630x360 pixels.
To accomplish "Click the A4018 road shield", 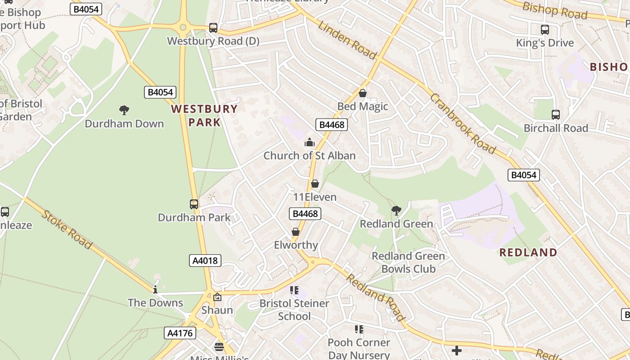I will pyautogui.click(x=205, y=260).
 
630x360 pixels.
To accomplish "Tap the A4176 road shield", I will pyautogui.click(x=180, y=333).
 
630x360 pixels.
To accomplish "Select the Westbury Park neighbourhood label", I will pyautogui.click(x=204, y=115).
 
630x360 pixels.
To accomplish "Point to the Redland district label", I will pyautogui.click(x=528, y=252).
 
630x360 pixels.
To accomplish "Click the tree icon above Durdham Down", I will pyautogui.click(x=124, y=110).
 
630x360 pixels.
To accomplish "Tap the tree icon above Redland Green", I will pyautogui.click(x=396, y=210).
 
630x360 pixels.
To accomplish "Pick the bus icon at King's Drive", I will pyautogui.click(x=545, y=30).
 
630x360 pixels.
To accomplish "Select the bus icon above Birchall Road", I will pyautogui.click(x=556, y=115).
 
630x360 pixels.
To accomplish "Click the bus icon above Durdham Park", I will pyautogui.click(x=194, y=204).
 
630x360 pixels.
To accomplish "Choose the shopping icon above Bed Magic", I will pyautogui.click(x=363, y=93).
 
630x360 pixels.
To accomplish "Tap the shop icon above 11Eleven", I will pyautogui.click(x=315, y=184).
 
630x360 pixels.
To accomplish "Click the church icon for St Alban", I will pyautogui.click(x=310, y=143).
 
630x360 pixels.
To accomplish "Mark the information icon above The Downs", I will pyautogui.click(x=155, y=289).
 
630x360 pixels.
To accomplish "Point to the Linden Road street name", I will pyautogui.click(x=347, y=40).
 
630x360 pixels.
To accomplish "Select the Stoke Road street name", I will pyautogui.click(x=67, y=229).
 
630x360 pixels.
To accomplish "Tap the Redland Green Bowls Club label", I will pyautogui.click(x=408, y=262).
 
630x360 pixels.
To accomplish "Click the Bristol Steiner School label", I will pyautogui.click(x=294, y=310).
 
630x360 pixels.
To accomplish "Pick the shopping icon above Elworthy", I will pyautogui.click(x=296, y=232).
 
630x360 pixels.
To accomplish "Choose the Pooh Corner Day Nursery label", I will pyautogui.click(x=359, y=349).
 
